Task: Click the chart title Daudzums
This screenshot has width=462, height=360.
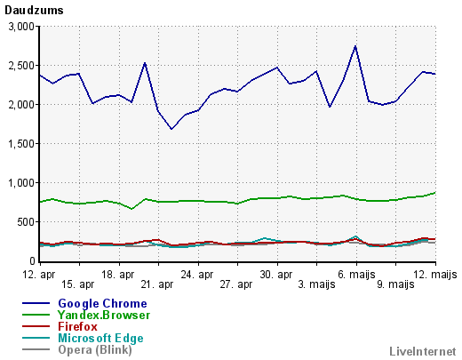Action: pyautogui.click(x=34, y=11)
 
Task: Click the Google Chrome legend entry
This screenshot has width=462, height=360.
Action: pyautogui.click(x=102, y=303)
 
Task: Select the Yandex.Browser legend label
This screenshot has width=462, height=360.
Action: pyautogui.click(x=104, y=315)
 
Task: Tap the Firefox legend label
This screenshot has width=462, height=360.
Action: pyautogui.click(x=77, y=326)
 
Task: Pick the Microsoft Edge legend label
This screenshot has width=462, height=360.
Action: pyautogui.click(x=100, y=338)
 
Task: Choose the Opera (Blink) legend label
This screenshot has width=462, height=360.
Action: pyautogui.click(x=95, y=349)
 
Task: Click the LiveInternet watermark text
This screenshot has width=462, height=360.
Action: pyautogui.click(x=423, y=351)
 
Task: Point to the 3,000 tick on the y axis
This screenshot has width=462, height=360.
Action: pyautogui.click(x=21, y=27)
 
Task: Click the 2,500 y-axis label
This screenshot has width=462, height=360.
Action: pyautogui.click(x=21, y=66)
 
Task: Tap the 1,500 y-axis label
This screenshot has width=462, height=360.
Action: pyautogui.click(x=21, y=144)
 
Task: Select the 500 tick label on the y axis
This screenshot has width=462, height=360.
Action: pyautogui.click(x=26, y=222)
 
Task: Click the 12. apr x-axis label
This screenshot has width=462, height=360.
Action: pyautogui.click(x=39, y=275)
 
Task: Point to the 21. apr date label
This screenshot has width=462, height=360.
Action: pyautogui.click(x=157, y=284)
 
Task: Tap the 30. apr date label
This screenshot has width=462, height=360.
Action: pyautogui.click(x=276, y=275)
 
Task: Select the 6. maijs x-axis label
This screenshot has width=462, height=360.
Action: pyautogui.click(x=356, y=275)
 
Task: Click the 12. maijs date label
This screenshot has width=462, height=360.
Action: pyautogui.click(x=435, y=275)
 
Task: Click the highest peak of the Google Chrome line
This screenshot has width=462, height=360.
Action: pyautogui.click(x=355, y=46)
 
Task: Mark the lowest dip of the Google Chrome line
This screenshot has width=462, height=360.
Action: pyautogui.click(x=171, y=129)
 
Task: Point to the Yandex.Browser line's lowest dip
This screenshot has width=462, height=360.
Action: pyautogui.click(x=132, y=209)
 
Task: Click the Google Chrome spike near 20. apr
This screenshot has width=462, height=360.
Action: pyautogui.click(x=145, y=63)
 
